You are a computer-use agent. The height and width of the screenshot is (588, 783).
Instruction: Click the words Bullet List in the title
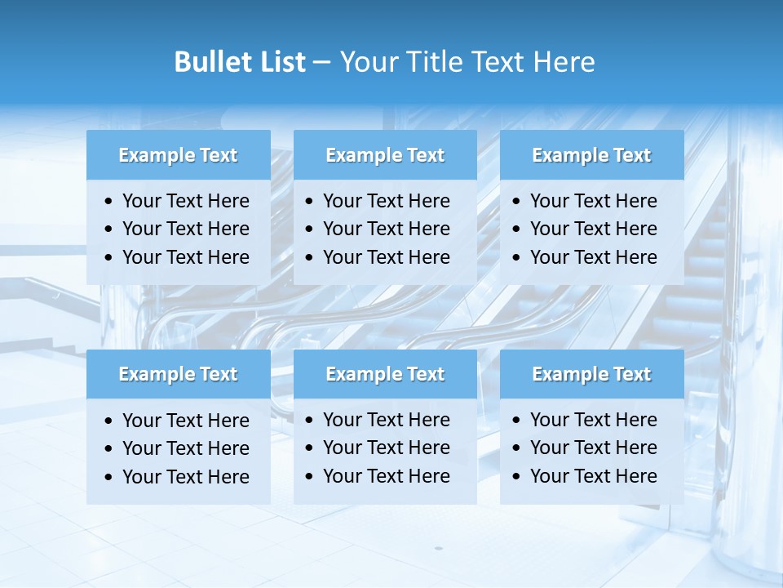pyautogui.click(x=240, y=62)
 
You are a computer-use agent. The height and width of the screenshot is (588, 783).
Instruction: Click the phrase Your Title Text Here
pyautogui.click(x=467, y=62)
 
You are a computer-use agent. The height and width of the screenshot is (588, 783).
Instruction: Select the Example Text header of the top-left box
pyautogui.click(x=178, y=155)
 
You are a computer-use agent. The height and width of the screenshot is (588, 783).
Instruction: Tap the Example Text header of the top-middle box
pyautogui.click(x=385, y=155)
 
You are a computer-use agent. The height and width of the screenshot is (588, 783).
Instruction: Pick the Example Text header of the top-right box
pyautogui.click(x=591, y=155)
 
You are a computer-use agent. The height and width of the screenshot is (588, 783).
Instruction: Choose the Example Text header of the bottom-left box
pyautogui.click(x=178, y=374)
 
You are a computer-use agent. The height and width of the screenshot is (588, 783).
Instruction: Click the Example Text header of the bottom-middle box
pyautogui.click(x=385, y=374)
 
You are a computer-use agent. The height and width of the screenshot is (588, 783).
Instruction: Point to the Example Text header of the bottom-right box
pyautogui.click(x=591, y=374)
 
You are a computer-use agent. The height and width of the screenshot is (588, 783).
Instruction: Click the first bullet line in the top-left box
pyautogui.click(x=186, y=201)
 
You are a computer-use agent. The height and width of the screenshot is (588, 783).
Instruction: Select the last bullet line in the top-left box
pyautogui.click(x=186, y=257)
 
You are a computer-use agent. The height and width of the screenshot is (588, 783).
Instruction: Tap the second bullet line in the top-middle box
pyautogui.click(x=387, y=229)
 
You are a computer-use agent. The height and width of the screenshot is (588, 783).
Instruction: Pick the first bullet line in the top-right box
pyautogui.click(x=594, y=201)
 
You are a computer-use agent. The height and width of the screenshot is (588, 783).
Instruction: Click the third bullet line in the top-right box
pyautogui.click(x=594, y=257)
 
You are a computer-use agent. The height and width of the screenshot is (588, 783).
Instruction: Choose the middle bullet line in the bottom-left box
pyautogui.click(x=186, y=448)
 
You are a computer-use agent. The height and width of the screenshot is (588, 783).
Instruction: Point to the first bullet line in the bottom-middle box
pyautogui.click(x=387, y=420)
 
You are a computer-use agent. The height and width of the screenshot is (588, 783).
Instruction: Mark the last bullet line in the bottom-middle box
pyautogui.click(x=387, y=476)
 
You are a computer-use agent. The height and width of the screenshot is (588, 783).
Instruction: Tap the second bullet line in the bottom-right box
pyautogui.click(x=594, y=448)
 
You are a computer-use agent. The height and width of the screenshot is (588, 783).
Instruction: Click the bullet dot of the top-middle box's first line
pyautogui.click(x=310, y=202)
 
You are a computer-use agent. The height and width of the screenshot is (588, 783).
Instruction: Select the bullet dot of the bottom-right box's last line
pyautogui.click(x=517, y=477)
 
